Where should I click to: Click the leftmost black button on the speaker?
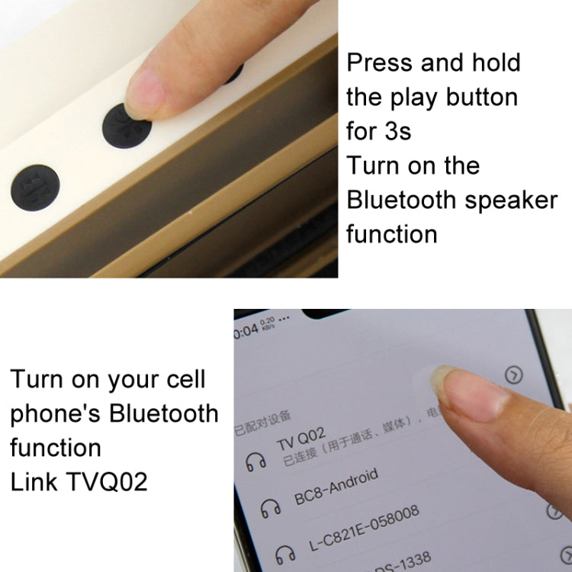pos(34,188)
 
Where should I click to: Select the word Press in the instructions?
pos(380,63)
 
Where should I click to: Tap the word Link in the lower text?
pos(32,482)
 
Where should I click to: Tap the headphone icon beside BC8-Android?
pos(268,506)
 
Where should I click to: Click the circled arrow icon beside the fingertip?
pos(515,374)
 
